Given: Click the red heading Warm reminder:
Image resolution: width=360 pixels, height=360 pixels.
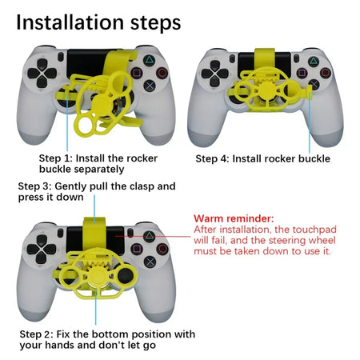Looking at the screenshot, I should (231, 218).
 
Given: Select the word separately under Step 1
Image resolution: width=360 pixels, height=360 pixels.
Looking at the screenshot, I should (98, 169).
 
